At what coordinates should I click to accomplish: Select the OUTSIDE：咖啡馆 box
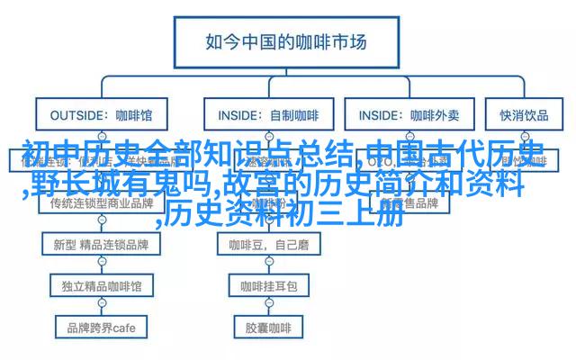[101, 115]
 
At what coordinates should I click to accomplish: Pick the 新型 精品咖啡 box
[101, 244]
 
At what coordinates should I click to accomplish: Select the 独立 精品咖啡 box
[101, 285]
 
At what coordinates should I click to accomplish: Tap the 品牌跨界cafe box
[101, 326]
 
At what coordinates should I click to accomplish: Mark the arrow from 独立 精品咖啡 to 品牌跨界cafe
[101, 306]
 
